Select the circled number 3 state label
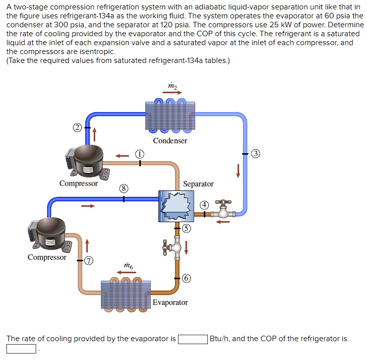click(x=255, y=153)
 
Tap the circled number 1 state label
click(x=140, y=154)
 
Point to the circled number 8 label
click(x=123, y=188)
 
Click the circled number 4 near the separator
click(x=204, y=205)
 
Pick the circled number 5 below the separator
click(x=185, y=228)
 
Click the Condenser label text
click(x=170, y=141)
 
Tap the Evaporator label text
click(x=170, y=302)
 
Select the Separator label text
click(x=198, y=184)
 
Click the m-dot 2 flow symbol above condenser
click(x=172, y=87)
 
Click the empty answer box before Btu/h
click(x=192, y=340)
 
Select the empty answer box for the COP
click(x=21, y=349)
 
